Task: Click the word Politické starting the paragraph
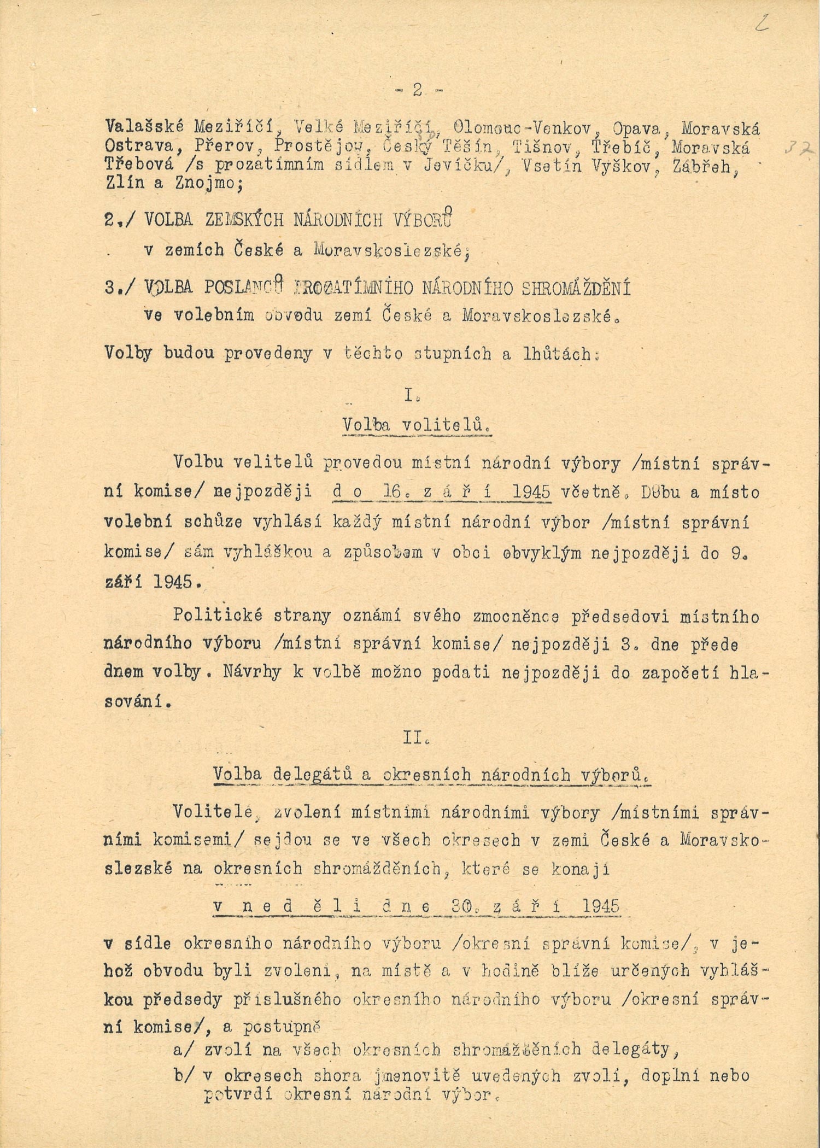click(210, 616)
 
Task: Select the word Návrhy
click(252, 672)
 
